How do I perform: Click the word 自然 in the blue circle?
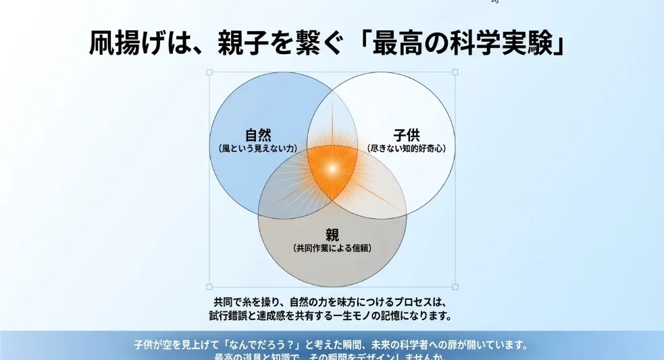[x=259, y=134]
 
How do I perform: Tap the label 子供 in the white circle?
[x=407, y=134]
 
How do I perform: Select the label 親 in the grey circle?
[x=332, y=235]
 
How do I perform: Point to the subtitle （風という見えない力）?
[x=259, y=148]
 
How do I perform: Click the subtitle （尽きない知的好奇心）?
[x=407, y=148]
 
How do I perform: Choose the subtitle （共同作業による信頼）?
[x=332, y=249]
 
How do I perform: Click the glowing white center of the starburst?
[x=332, y=169]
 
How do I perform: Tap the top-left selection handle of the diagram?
[x=209, y=72]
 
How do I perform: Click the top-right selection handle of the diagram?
[x=455, y=72]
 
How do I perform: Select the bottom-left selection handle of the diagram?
[x=209, y=286]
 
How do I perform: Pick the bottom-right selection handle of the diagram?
[x=455, y=286]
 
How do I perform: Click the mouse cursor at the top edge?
[x=495, y=2]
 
